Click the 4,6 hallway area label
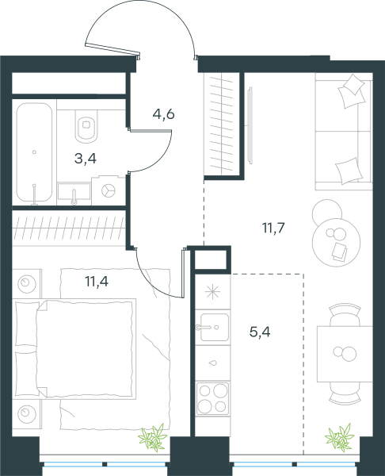(x=164, y=114)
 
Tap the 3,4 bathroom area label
(x=86, y=159)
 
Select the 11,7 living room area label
(x=273, y=228)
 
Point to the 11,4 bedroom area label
(x=97, y=282)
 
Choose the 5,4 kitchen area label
(x=260, y=332)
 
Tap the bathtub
(x=34, y=152)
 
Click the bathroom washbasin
(x=74, y=192)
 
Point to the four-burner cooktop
(x=212, y=398)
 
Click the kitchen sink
(x=213, y=327)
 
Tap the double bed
(x=74, y=348)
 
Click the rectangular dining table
(x=345, y=354)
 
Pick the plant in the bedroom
(x=153, y=437)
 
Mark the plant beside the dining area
(x=340, y=437)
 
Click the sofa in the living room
(x=344, y=132)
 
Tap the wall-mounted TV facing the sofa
(x=250, y=125)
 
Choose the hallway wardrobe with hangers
(x=222, y=125)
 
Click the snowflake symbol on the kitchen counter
(x=212, y=292)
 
